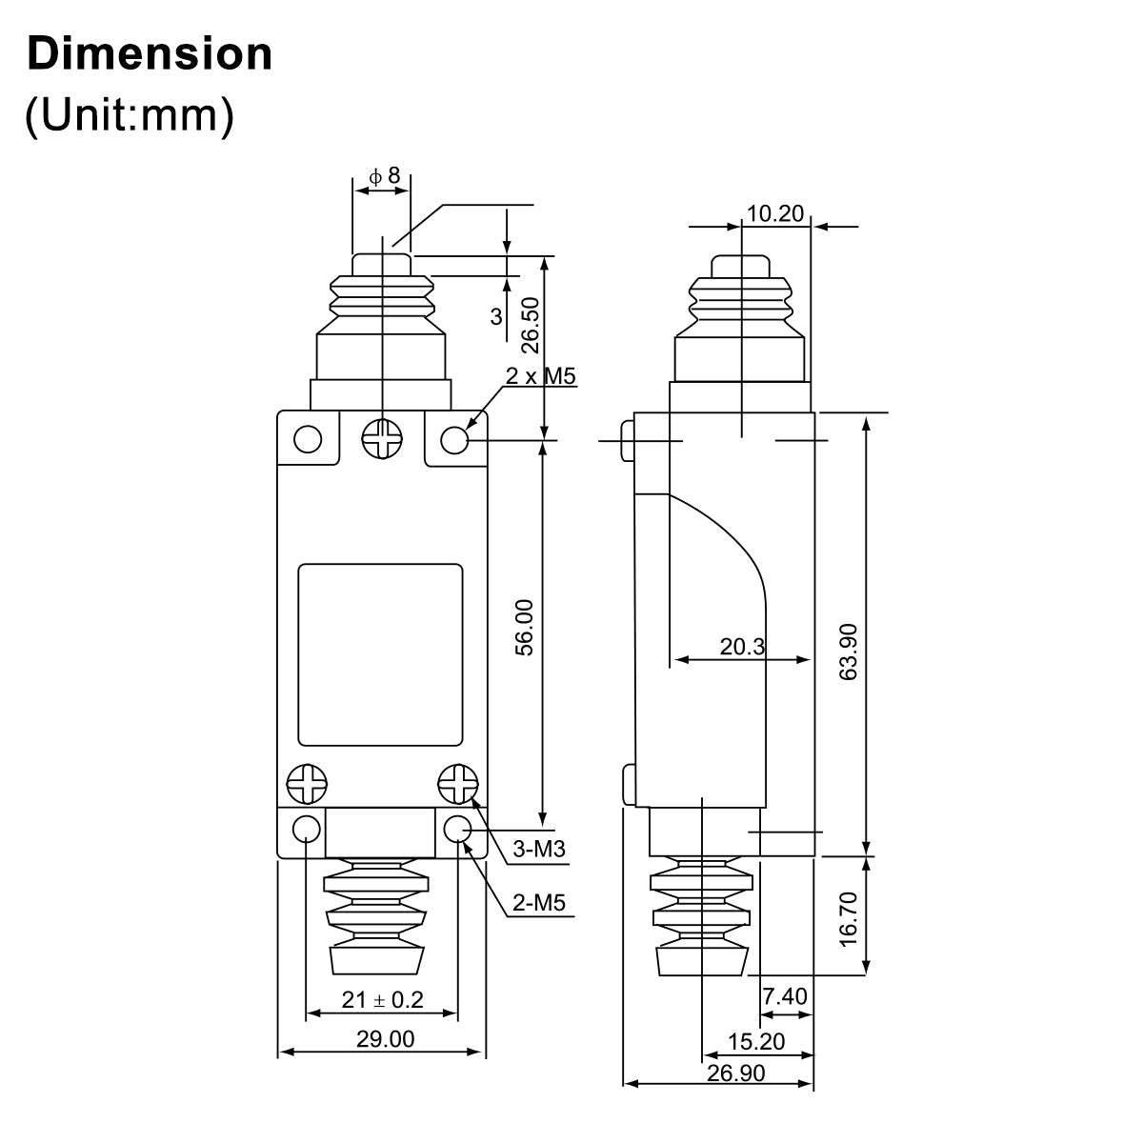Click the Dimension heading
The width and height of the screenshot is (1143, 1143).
coord(150,54)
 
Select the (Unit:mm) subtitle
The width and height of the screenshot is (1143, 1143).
coord(130,115)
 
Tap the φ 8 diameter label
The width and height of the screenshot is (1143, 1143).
coord(385,175)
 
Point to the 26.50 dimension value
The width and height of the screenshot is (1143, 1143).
coord(531,325)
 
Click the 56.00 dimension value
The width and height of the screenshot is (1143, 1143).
coord(524,627)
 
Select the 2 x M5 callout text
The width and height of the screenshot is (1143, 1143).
coord(540,376)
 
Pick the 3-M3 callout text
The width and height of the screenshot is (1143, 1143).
coord(539,850)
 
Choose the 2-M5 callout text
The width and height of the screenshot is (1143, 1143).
coord(539,903)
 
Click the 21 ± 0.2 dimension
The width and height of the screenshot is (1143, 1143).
coord(383,999)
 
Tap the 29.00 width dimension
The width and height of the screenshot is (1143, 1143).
coord(386,1038)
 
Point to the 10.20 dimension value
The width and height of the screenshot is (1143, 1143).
coord(775,213)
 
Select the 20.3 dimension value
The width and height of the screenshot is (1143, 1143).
coord(743,647)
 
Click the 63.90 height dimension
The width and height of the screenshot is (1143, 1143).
coord(849,652)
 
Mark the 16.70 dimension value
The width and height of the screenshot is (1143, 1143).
coord(849,919)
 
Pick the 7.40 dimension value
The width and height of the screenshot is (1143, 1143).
coord(785,996)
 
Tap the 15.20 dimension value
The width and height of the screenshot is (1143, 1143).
coord(756,1041)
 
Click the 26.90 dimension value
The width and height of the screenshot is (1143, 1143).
coord(736,1073)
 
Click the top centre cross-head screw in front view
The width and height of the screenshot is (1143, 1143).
coord(382,439)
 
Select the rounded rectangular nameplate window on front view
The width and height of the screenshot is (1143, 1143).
coord(380,654)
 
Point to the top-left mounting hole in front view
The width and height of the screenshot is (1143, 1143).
coord(308,439)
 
